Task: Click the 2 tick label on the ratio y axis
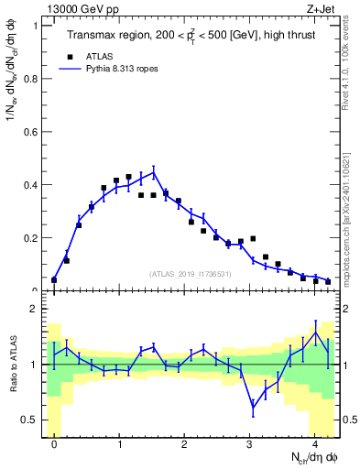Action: click(33, 309)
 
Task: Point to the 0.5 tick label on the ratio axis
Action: click(30, 420)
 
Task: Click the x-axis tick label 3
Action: click(250, 443)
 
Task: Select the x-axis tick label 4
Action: click(315, 443)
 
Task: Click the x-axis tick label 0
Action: click(54, 443)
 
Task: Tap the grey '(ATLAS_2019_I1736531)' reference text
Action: click(191, 274)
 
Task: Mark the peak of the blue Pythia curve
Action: click(154, 171)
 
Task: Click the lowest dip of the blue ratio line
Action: click(253, 408)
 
